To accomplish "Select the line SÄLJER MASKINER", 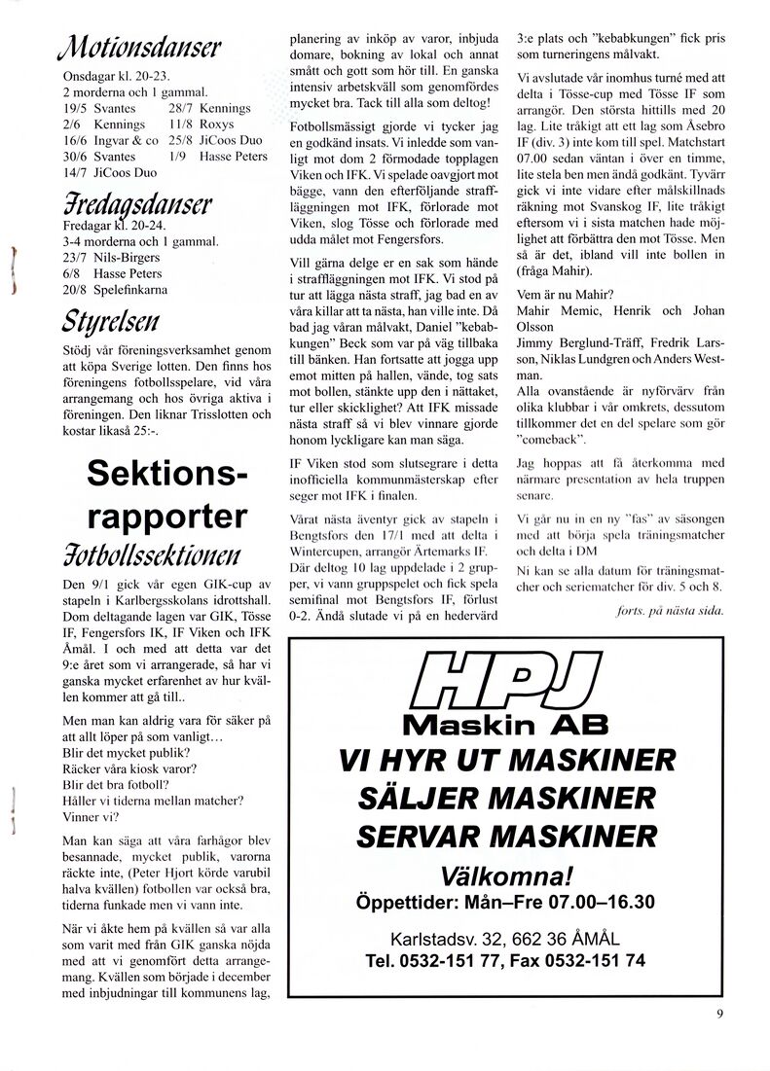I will pos(505,797).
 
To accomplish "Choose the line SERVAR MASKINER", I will pos(505,835).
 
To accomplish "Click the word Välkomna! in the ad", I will pos(505,873).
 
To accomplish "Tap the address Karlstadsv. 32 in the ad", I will pos(443,940).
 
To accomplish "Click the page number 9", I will pos(719,1014).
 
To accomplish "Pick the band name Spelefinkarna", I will pos(130,290).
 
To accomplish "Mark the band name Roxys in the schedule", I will pos(216,125).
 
